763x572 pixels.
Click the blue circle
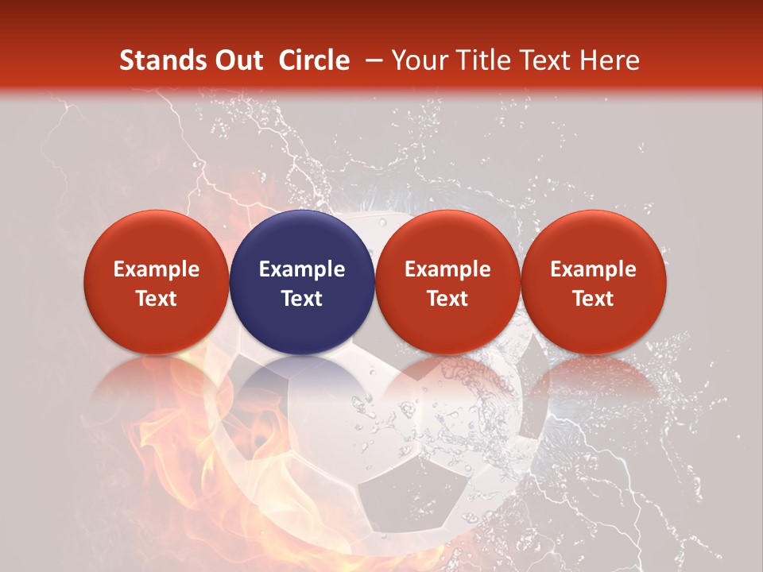(302, 282)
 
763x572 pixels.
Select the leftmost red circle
(157, 282)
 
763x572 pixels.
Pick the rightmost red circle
(594, 282)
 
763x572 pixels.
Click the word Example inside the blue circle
(302, 269)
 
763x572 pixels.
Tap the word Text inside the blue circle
(302, 299)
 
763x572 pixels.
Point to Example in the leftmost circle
(157, 269)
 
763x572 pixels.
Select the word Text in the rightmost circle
(594, 299)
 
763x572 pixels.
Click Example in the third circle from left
(447, 269)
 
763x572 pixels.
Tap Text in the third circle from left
(447, 299)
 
